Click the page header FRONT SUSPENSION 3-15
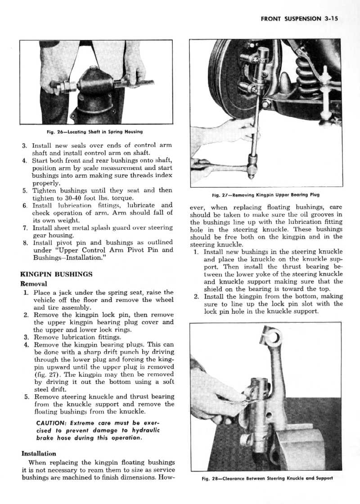[x=299, y=19]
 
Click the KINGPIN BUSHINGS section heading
[x=57, y=274]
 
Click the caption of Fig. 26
[x=94, y=132]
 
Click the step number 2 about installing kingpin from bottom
[x=196, y=296]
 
